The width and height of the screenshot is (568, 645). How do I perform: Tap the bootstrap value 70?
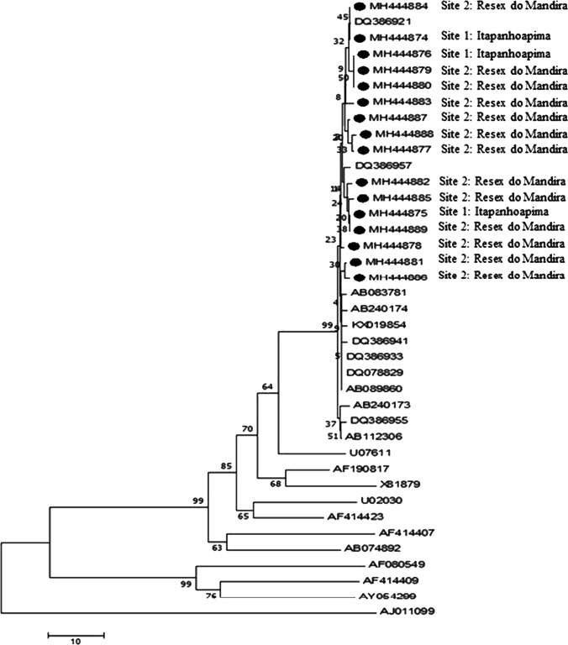tap(247, 429)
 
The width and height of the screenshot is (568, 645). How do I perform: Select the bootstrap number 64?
tap(268, 386)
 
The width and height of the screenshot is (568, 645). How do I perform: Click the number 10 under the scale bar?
tap(75, 641)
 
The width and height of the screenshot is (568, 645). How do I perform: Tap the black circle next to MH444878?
tap(355, 245)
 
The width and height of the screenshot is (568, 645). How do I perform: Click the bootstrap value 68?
tap(276, 482)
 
